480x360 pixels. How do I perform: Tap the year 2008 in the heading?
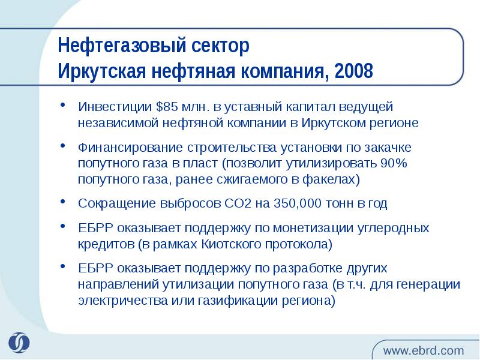tap(354, 71)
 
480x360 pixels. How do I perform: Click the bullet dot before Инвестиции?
tap(63, 107)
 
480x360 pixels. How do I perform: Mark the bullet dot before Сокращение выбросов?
tap(63, 203)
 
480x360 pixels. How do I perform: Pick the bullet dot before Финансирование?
tap(63, 147)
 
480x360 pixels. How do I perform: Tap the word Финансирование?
tap(124, 147)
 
